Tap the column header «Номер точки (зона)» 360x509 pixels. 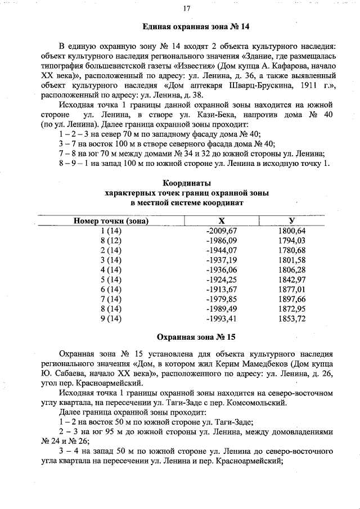coord(111,221)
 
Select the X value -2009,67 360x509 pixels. coord(223,231)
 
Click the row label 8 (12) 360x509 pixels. coord(111,240)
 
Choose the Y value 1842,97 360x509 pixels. coord(292,280)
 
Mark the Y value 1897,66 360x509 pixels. coord(292,299)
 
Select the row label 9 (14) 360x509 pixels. coord(111,319)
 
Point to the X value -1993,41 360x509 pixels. coord(223,319)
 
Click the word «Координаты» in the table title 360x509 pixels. coord(187,183)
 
